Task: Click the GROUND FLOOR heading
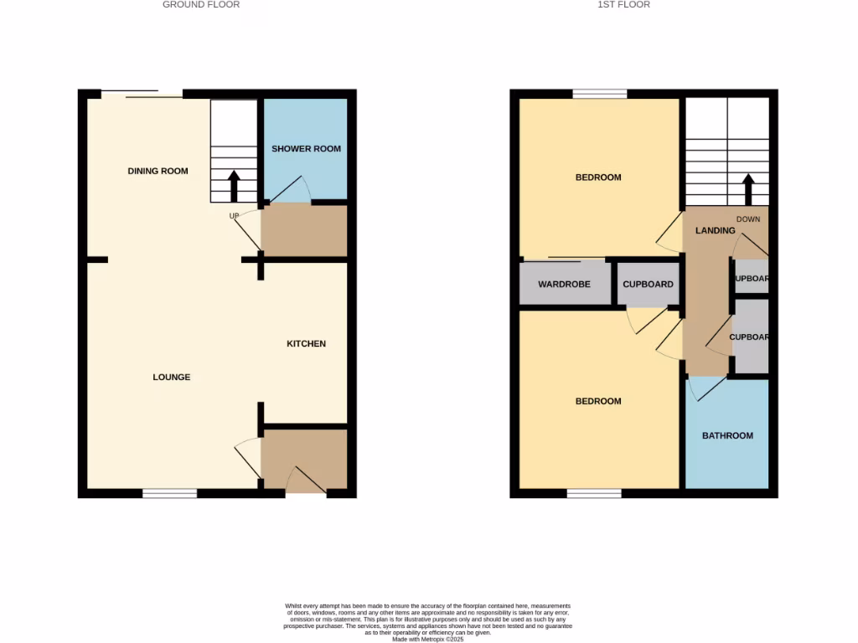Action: click(201, 5)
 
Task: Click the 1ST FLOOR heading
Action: click(623, 5)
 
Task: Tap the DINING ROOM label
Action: click(158, 171)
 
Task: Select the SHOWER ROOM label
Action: click(306, 149)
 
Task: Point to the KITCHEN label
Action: click(306, 344)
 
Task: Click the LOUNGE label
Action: click(171, 378)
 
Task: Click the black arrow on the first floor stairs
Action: click(748, 189)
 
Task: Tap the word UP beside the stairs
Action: click(235, 216)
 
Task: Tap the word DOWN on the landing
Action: click(748, 219)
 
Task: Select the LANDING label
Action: click(715, 230)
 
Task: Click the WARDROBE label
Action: click(564, 285)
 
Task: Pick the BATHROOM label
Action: click(727, 435)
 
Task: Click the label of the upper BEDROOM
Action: click(598, 177)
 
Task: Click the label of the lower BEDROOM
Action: click(598, 401)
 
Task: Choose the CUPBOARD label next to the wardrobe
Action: click(648, 285)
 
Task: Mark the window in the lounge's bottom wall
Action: click(169, 494)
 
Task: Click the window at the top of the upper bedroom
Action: click(600, 94)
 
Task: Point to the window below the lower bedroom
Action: click(594, 494)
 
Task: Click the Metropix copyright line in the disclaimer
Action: click(428, 639)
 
